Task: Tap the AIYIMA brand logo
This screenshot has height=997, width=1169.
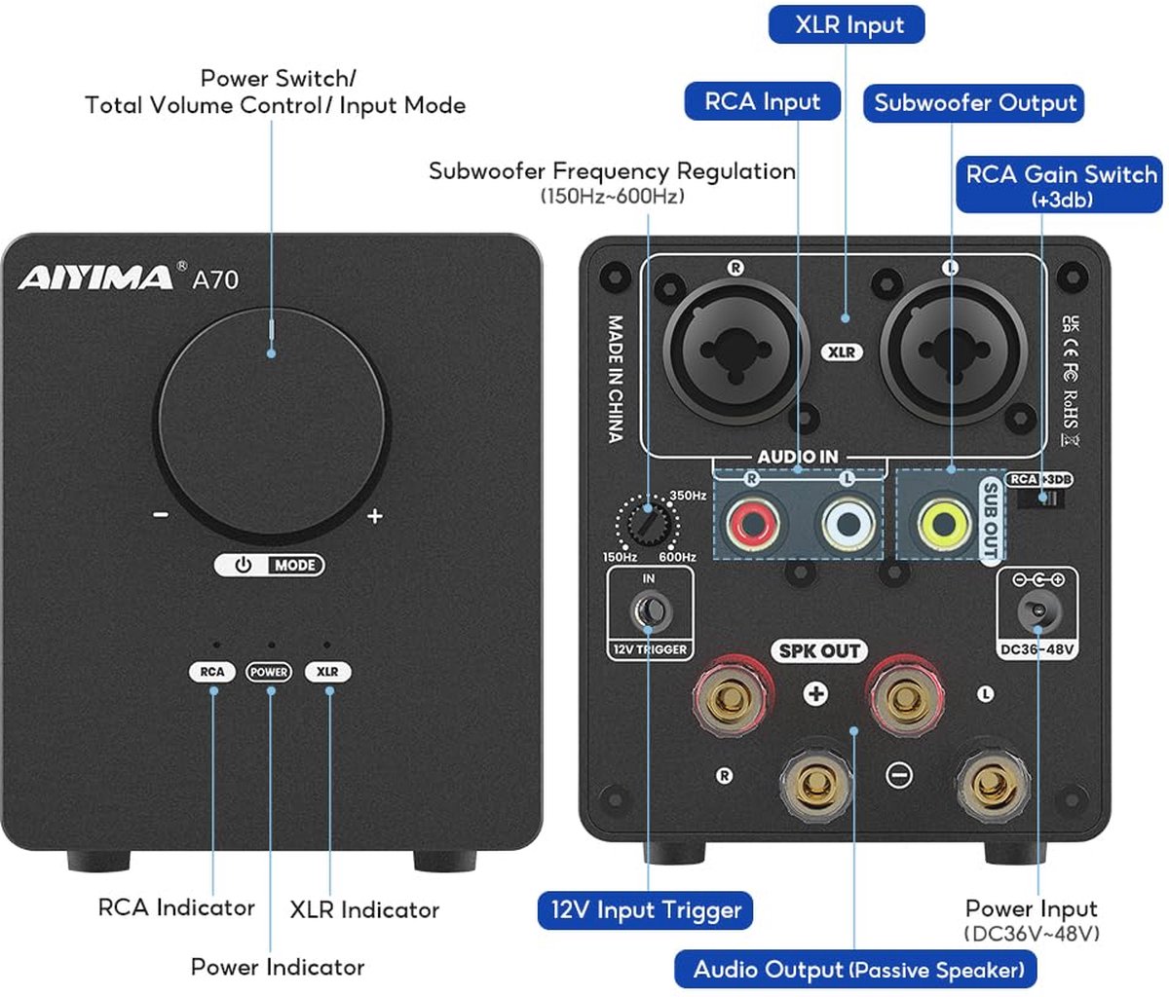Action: coord(95,277)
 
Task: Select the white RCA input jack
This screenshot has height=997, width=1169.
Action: coord(848,524)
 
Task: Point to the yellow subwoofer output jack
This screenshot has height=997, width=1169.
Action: coord(943,524)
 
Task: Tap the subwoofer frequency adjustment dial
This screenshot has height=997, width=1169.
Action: coord(647,524)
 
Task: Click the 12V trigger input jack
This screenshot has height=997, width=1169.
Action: coord(651,610)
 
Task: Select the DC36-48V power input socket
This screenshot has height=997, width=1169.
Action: coord(1038,611)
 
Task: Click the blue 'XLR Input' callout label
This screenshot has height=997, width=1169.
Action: coord(847,24)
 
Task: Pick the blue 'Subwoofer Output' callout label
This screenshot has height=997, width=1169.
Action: coord(973,103)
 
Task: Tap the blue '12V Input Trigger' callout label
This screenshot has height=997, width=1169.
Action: coord(645,910)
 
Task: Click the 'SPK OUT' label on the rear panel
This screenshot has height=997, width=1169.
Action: coord(819,650)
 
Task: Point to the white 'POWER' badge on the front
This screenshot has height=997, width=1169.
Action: coord(269,672)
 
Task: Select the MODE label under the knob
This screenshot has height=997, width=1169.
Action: coord(294,565)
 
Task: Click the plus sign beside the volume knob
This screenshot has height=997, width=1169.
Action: coord(374,515)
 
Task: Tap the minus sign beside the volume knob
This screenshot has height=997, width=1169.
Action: coord(161,514)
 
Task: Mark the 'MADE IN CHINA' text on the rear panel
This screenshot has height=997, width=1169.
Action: coord(616,379)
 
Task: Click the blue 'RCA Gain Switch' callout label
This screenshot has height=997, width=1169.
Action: coord(1059,184)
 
